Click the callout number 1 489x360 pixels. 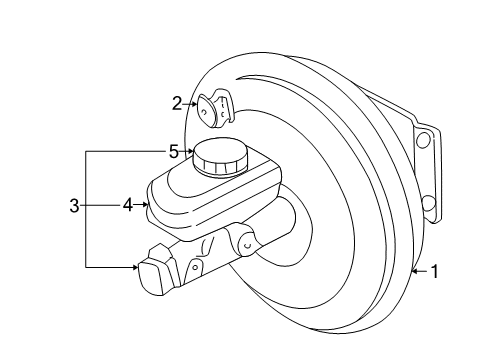[x=434, y=269]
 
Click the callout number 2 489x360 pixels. [x=177, y=102]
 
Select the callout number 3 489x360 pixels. [x=73, y=207]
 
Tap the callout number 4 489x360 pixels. [x=127, y=207]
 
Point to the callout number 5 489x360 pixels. [x=173, y=152]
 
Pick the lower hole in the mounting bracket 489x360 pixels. [x=428, y=205]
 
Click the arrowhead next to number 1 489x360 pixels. [x=415, y=269]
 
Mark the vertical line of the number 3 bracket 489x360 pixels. [x=87, y=208]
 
